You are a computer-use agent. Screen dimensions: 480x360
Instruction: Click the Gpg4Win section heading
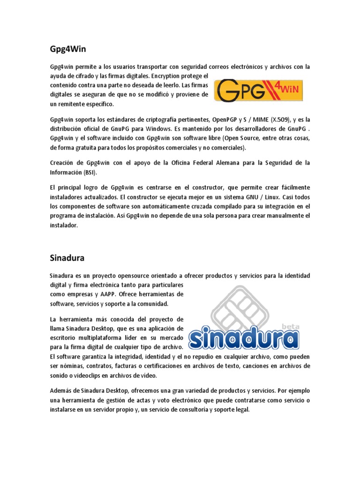(67, 48)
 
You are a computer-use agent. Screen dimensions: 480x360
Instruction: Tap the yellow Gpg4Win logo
(259, 90)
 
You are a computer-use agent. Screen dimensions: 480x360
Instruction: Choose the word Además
(61, 390)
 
